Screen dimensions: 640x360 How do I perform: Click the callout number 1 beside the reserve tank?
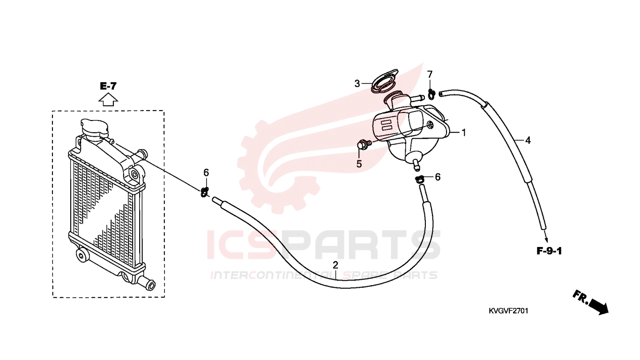coord(464,133)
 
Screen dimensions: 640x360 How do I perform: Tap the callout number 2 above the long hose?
coord(335,265)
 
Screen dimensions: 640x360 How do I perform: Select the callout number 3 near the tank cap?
coord(357,84)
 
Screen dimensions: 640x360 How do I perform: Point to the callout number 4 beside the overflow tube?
coord(528,141)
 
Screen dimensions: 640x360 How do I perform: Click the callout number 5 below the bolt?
coord(359,164)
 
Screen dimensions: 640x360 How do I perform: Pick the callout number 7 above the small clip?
coord(430,75)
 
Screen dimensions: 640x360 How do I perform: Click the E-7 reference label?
coord(108,86)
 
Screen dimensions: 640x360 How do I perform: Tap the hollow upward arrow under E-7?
coord(108,100)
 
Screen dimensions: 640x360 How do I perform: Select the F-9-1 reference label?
coord(549,251)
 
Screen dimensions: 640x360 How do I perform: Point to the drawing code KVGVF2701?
coord(508,311)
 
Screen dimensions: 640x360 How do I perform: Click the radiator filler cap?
coord(95,129)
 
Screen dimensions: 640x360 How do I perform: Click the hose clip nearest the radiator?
coord(205,192)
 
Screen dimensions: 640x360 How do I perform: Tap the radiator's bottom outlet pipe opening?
coord(152,285)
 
